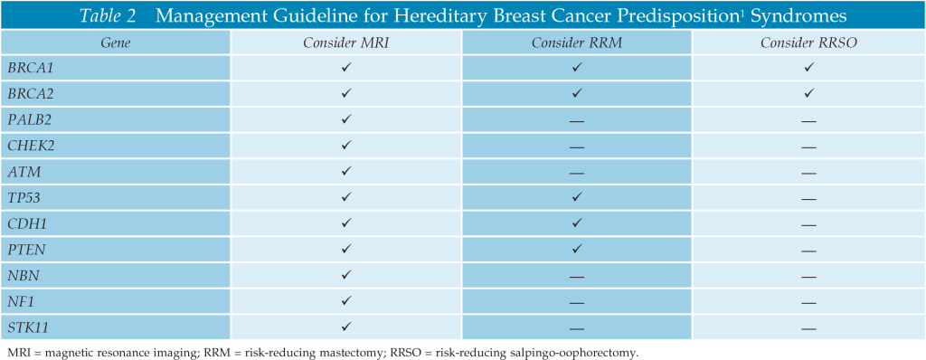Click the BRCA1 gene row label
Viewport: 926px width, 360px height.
(x=30, y=68)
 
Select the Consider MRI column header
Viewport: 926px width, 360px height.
(x=346, y=43)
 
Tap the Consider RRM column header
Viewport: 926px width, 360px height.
(x=576, y=43)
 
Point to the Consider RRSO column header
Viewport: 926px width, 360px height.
(x=808, y=43)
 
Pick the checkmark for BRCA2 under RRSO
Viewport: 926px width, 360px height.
(x=808, y=93)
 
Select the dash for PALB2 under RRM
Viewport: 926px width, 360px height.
(x=576, y=120)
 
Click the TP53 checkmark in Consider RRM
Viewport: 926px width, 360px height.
(x=577, y=197)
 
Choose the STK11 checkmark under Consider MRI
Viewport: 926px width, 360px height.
(x=346, y=326)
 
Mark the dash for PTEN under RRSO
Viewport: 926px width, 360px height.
(x=808, y=251)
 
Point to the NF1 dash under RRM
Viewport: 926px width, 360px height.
(x=576, y=303)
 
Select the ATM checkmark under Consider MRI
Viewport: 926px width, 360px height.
(x=346, y=172)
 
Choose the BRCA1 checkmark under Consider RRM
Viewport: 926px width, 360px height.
(x=577, y=68)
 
